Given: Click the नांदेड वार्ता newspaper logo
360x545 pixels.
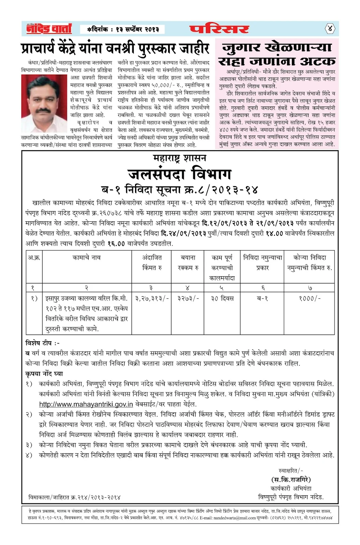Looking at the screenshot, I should click(49, 29).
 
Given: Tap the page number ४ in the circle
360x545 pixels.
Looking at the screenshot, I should click(329, 29).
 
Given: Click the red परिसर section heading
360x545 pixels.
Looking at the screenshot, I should click(219, 29).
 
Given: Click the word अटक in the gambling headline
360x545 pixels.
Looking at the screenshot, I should click(314, 61).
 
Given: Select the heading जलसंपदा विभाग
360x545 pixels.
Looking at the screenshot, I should click(180, 174).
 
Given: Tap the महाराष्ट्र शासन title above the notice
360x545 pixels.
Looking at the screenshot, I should click(180, 158).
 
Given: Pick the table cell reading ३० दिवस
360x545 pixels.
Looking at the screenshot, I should click(222, 298).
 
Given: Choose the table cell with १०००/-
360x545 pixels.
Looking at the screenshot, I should click(310, 298).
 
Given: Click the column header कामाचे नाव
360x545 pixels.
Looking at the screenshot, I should click(87, 258).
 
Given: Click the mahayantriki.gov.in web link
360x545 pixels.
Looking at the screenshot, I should click(86, 404).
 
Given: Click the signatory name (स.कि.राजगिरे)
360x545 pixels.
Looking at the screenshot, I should click(291, 480).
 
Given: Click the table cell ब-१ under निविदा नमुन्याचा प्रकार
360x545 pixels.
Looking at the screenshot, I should click(262, 298).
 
